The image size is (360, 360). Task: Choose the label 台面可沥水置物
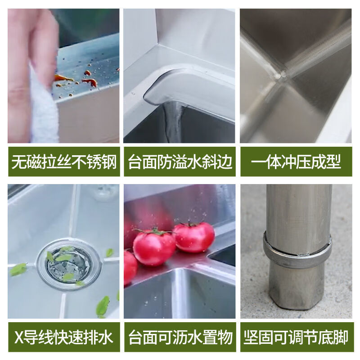(180, 337)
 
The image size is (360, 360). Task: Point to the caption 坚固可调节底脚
(296, 337)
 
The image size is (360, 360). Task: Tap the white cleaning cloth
(43, 108)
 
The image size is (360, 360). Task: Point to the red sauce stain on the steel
(90, 82)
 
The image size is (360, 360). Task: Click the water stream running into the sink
(173, 121)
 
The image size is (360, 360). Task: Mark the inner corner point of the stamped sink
(281, 75)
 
